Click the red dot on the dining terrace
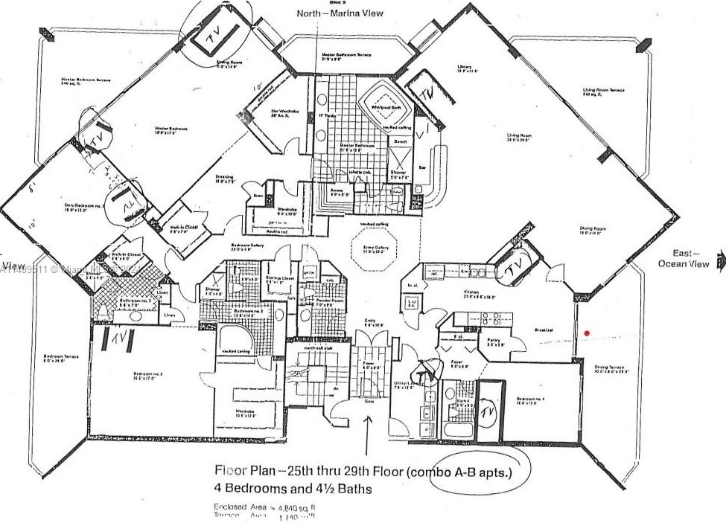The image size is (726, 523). coord(588,333)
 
